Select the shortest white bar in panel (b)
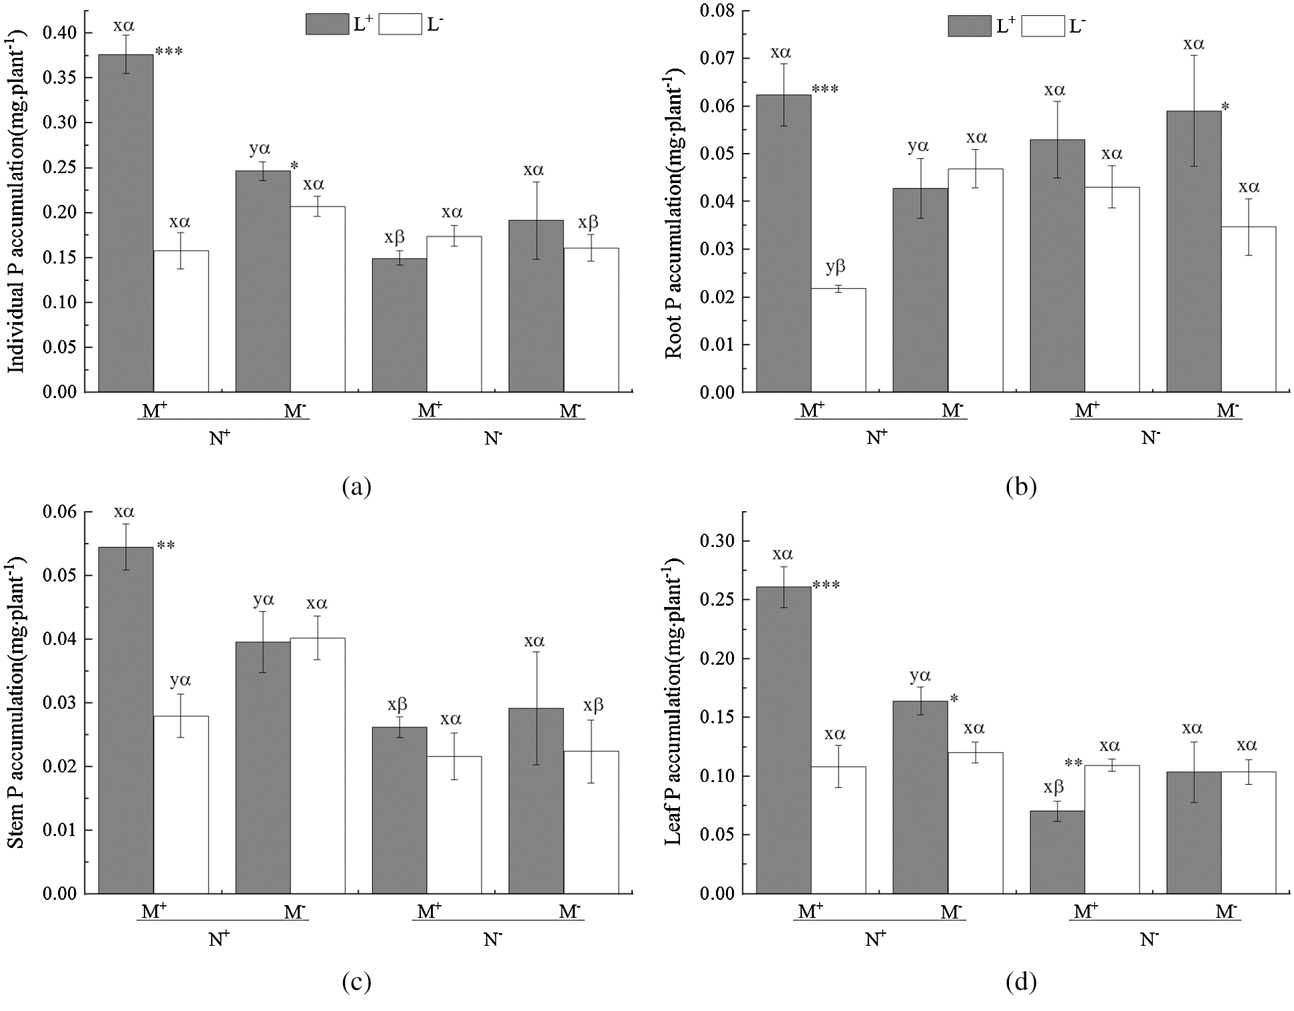coord(838,339)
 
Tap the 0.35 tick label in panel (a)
coord(59,78)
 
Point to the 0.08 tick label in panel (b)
coord(717,11)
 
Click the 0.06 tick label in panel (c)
coord(59,512)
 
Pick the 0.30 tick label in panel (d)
coord(717,541)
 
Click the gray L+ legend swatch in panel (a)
coord(327,25)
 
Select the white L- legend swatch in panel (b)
coord(1042,26)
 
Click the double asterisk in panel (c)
coord(166,546)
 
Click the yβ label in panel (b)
coord(835,267)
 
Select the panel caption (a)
coord(356,487)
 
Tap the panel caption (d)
coord(1020,982)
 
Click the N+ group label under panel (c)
coord(220,939)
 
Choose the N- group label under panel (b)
coord(1151,438)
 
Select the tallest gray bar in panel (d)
coord(783,739)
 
